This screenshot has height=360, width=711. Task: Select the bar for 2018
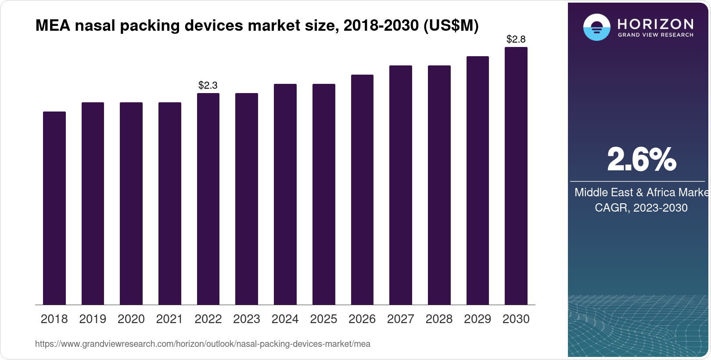click(x=54, y=208)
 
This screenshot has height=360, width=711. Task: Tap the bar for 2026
click(x=362, y=190)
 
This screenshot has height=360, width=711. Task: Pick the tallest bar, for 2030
click(x=516, y=176)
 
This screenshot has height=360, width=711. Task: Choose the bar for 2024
click(x=285, y=194)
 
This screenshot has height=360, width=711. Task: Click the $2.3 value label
click(x=208, y=85)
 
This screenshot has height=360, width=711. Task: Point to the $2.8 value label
click(x=516, y=40)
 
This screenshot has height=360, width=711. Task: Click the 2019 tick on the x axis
click(x=93, y=319)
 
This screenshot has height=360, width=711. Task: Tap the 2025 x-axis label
click(x=323, y=319)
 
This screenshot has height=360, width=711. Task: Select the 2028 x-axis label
click(x=439, y=319)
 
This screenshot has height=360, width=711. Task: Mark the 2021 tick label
click(x=169, y=319)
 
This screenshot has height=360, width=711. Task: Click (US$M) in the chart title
click(x=451, y=26)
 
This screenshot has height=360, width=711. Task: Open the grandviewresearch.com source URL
click(x=203, y=344)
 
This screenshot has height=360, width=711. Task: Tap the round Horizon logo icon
click(x=596, y=27)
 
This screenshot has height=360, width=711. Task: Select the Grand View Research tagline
click(x=656, y=35)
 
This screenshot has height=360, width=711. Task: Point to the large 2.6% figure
click(x=641, y=160)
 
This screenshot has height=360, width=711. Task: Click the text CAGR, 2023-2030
click(x=641, y=208)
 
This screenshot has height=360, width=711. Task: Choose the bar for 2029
click(x=478, y=180)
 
